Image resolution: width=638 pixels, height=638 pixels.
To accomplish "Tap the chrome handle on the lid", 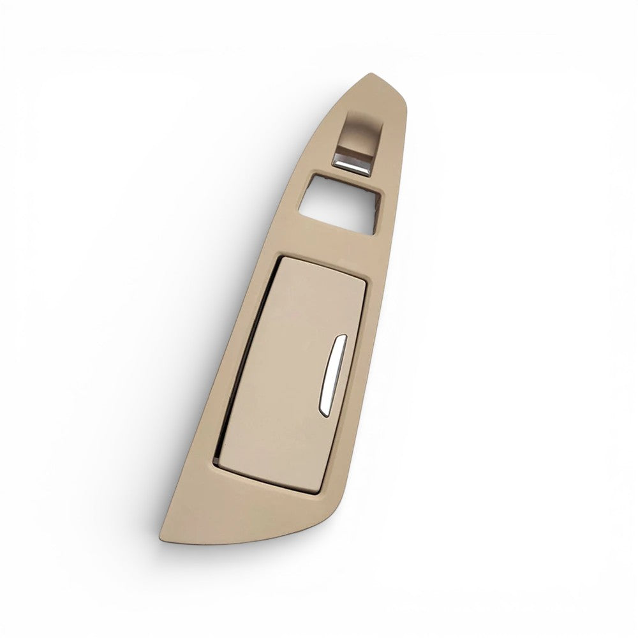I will [330, 376].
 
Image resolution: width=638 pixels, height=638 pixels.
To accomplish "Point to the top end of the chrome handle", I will [342, 339].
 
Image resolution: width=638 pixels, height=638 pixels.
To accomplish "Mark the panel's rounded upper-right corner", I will [401, 96].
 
